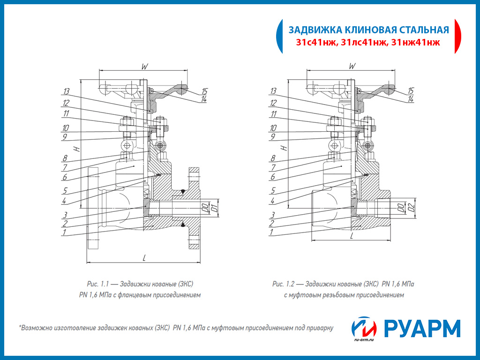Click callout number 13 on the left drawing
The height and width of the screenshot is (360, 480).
coord(66,91)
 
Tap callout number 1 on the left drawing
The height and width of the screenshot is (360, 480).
coord(65,232)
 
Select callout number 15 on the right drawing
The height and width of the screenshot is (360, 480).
coord(411,90)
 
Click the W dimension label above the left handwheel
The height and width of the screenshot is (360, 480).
coord(144,67)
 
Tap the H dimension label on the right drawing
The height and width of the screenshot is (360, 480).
coord(283,148)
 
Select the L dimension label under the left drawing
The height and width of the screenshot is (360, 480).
coord(144,257)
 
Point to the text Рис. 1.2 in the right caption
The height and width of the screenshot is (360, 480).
coord(283,284)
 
